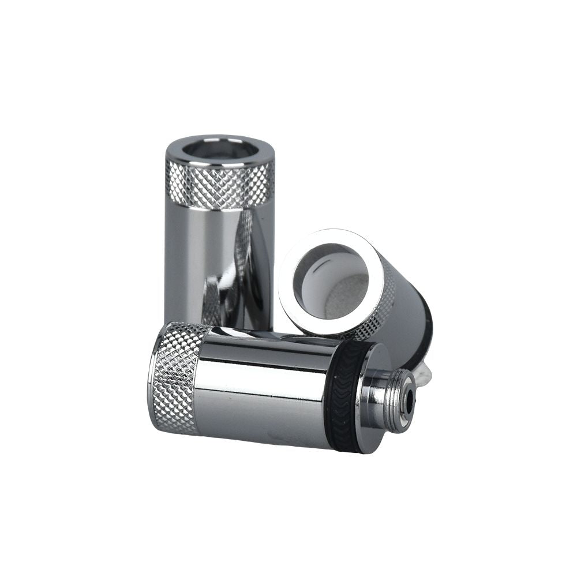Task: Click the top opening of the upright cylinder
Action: tap(220, 149)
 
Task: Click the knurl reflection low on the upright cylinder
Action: tap(212, 300)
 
